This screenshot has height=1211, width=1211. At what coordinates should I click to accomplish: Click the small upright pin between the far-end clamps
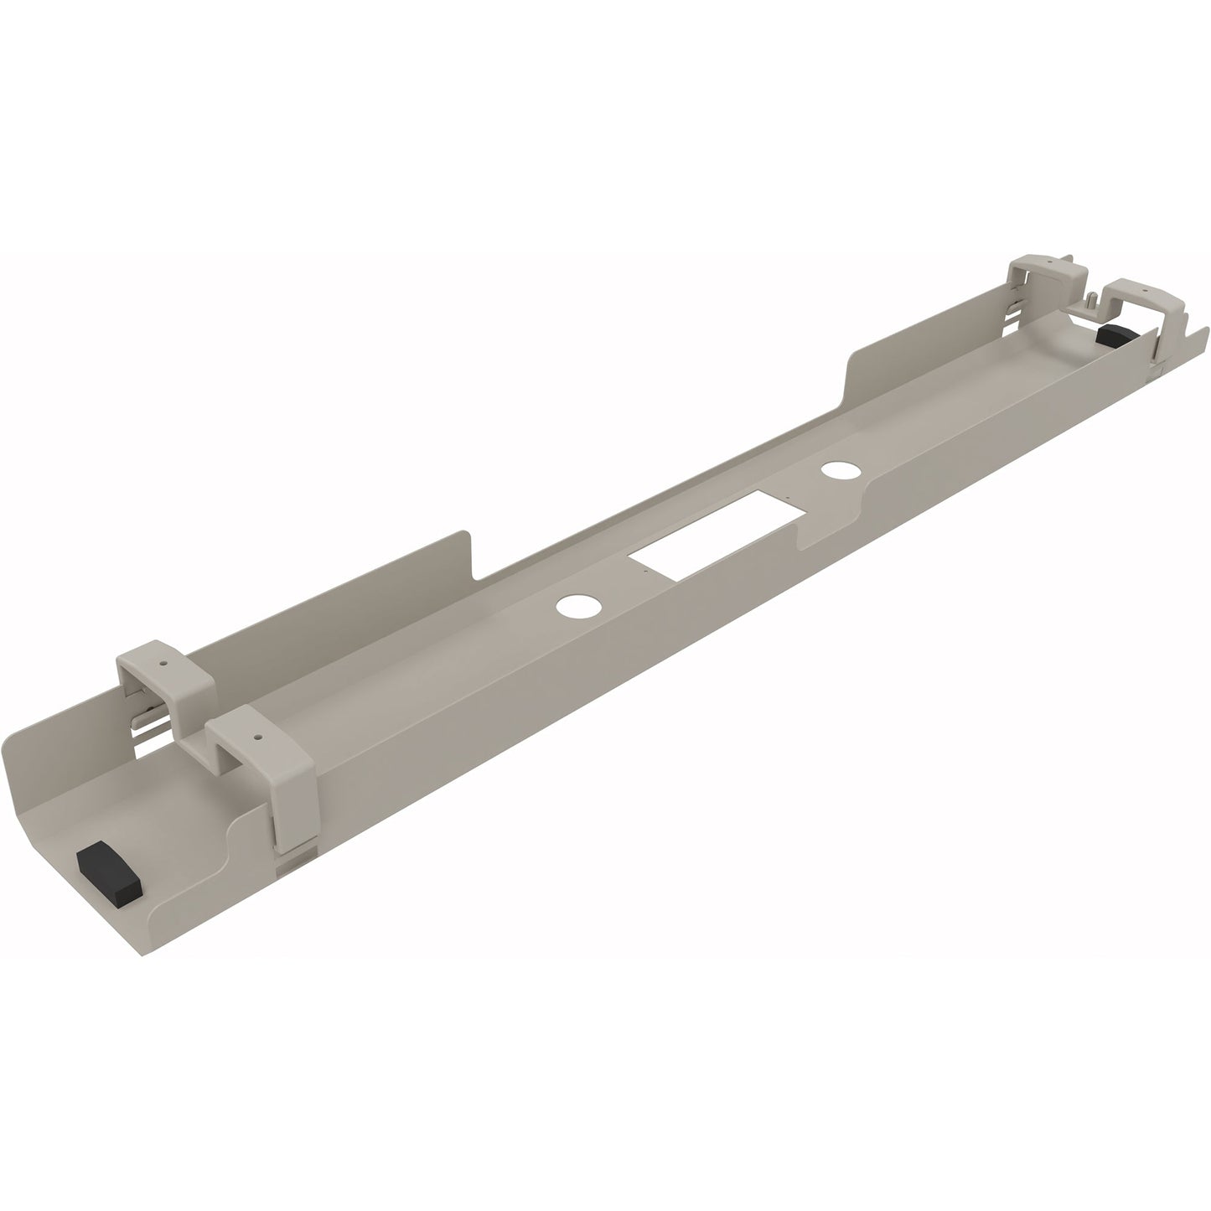coord(1093,298)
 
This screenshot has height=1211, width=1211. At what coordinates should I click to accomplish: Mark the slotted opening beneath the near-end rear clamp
coord(147,721)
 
